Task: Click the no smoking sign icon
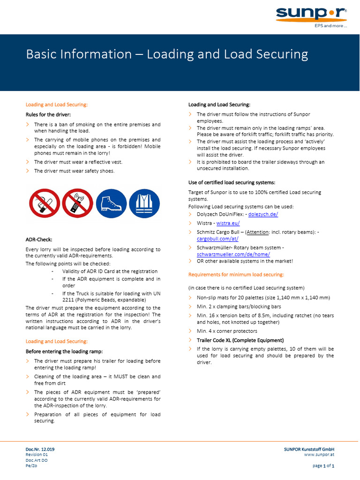point(44,203)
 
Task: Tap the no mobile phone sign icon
point(77,203)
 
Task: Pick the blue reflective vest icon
point(144,203)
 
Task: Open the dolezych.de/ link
point(263,214)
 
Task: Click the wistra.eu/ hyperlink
point(228,223)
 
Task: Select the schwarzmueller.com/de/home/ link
point(233,254)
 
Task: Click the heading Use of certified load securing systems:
point(232,182)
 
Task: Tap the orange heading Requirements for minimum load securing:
point(236,275)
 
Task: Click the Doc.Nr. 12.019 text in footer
point(40,449)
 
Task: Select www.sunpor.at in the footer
point(319,455)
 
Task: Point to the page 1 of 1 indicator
point(323,466)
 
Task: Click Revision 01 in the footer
point(37,455)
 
